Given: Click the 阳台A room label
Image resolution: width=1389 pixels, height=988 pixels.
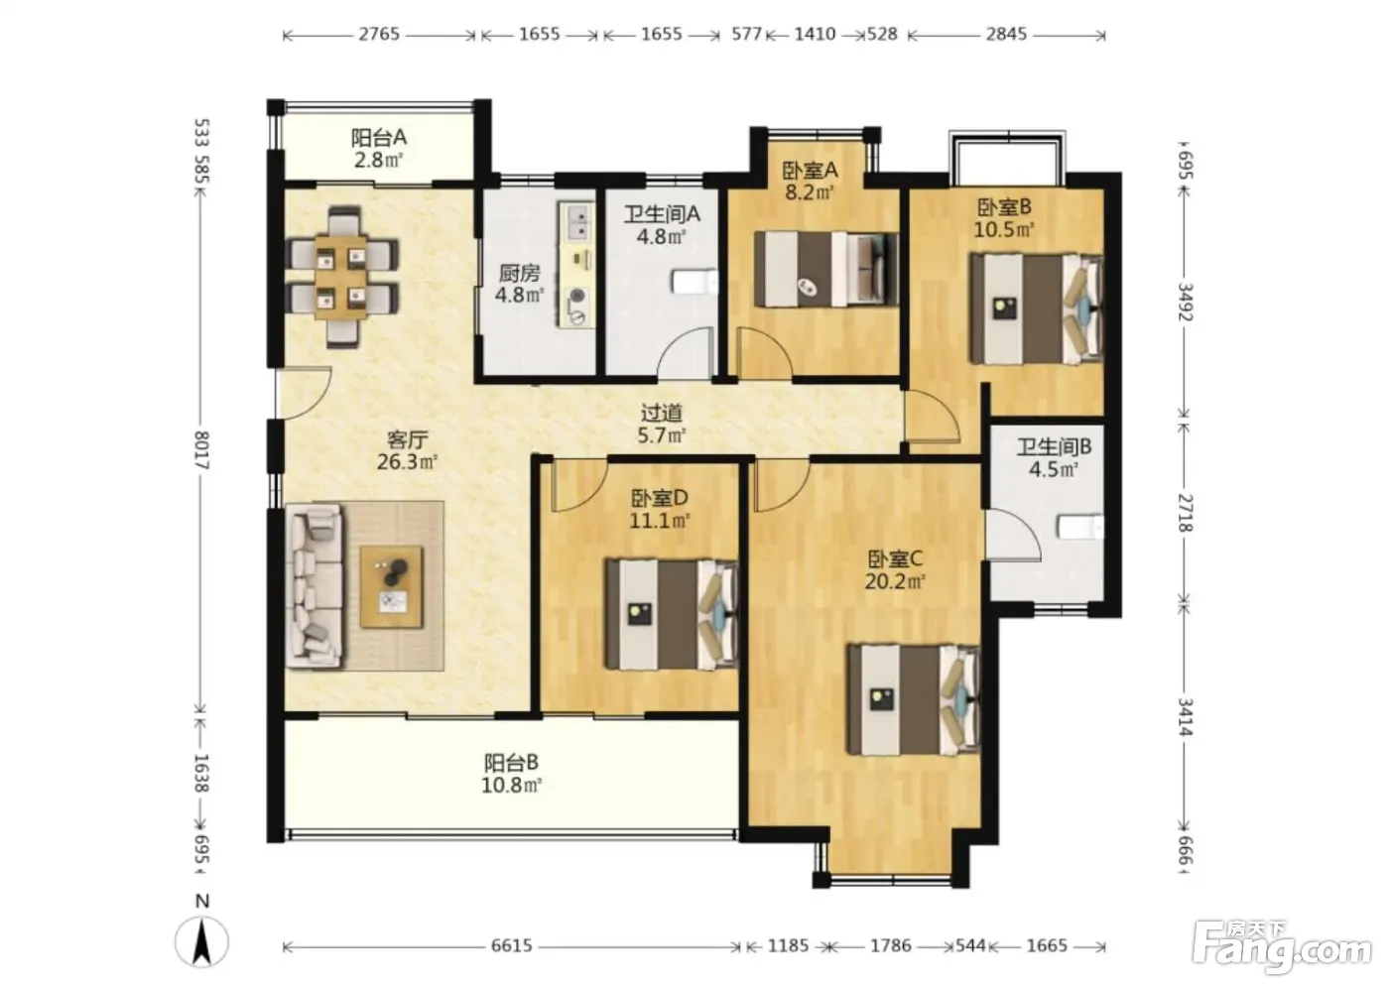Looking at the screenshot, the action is [379, 137].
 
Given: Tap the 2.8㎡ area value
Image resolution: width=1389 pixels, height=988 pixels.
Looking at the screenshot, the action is [379, 161].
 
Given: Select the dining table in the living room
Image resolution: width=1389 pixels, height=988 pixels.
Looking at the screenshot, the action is [340, 277].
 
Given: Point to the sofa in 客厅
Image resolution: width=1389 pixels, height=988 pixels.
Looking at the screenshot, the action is [314, 585].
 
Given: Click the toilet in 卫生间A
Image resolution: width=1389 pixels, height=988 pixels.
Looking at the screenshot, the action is [694, 282].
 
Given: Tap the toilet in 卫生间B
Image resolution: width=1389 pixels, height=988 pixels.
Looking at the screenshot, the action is [1080, 528].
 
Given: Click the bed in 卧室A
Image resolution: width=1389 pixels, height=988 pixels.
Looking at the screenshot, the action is [825, 269].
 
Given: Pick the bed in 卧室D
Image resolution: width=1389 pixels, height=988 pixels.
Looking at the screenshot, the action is [673, 614].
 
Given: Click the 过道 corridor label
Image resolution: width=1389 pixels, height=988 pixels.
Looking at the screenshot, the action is [662, 413].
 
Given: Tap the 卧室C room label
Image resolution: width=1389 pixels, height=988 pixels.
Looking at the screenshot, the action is [895, 559].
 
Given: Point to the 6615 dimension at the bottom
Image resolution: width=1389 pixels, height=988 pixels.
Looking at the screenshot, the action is [512, 945].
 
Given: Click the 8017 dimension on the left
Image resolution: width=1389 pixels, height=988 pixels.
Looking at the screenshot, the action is [201, 450].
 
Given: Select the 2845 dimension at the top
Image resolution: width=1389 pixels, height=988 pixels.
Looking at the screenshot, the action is [1006, 34].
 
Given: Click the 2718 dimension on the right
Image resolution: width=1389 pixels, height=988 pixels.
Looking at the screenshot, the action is [1185, 513].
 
